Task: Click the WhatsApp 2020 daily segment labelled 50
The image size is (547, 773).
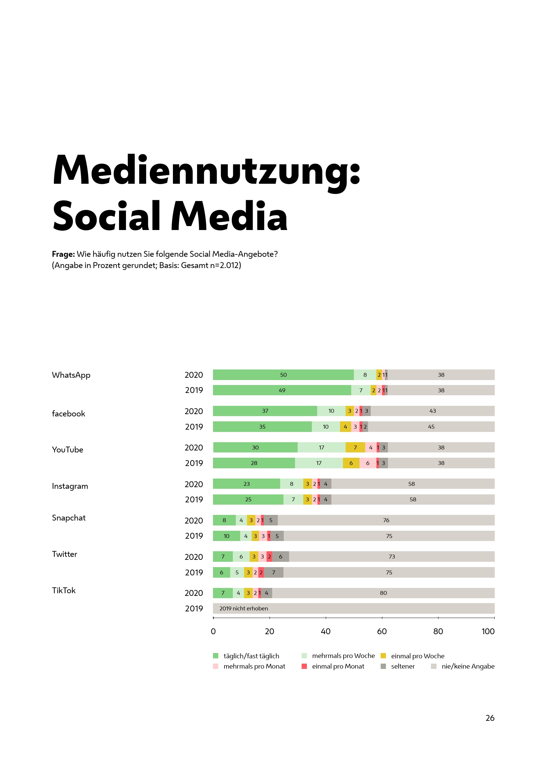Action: pos(283,375)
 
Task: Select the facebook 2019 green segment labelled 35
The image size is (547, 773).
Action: pos(262,427)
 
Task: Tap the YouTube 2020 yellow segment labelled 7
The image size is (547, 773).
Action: pos(355,447)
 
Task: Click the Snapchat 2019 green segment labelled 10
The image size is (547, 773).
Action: pos(226,536)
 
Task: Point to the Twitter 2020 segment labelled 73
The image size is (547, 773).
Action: pos(391,557)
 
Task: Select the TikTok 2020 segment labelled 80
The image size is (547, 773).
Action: pos(383,593)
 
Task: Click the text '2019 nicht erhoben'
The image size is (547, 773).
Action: pos(243,608)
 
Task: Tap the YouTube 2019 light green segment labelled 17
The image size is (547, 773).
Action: pos(318,463)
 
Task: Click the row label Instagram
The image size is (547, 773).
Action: pos(70,486)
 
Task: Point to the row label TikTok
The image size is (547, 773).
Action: pos(63,591)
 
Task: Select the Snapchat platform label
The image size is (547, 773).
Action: pos(69,518)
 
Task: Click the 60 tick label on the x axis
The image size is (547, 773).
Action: pos(382,631)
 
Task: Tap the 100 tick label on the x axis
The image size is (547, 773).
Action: pos(488,631)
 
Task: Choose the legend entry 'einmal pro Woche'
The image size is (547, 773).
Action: pos(417,656)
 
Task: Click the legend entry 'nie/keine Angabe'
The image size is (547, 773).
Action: pos(468,666)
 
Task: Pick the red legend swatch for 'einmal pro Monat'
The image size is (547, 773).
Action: pos(304,666)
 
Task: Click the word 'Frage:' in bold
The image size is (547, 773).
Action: pos(63,254)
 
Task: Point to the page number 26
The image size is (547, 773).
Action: pos(490,718)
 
